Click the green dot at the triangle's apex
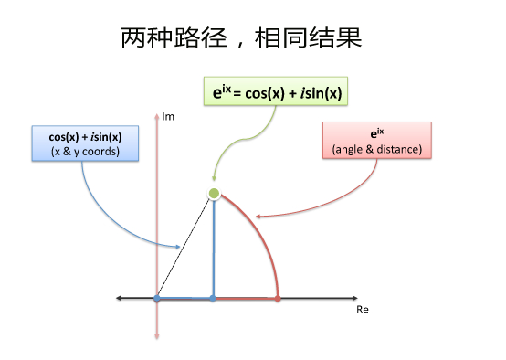[214, 194]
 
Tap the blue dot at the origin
[157, 298]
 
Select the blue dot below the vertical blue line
[213, 299]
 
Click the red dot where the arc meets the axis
[278, 299]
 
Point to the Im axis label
[168, 117]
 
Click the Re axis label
[363, 310]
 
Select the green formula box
[276, 91]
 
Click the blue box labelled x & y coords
[85, 143]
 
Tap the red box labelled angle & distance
[377, 140]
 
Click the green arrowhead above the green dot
[214, 178]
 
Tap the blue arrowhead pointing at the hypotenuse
[178, 247]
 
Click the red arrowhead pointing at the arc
[258, 217]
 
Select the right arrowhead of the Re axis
[355, 298]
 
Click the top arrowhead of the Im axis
[157, 116]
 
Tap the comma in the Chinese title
[240, 44]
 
